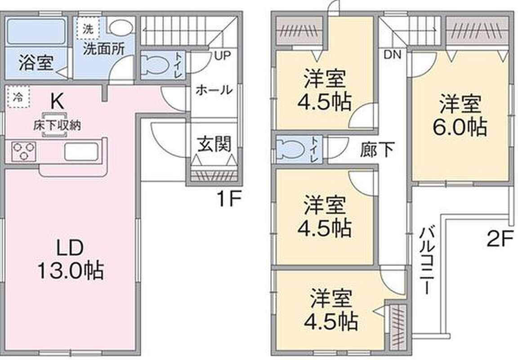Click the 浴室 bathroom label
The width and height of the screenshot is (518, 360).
click(36, 63)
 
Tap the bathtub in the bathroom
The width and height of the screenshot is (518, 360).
click(36, 31)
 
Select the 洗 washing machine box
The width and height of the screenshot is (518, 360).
click(87, 29)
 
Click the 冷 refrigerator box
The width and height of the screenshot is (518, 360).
click(18, 97)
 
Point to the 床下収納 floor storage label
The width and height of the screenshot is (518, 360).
click(57, 125)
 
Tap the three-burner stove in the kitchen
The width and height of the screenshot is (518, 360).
click(23, 151)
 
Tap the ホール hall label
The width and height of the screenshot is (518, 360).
click(214, 90)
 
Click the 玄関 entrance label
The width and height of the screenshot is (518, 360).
click(214, 144)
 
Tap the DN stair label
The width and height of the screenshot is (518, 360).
click(392, 54)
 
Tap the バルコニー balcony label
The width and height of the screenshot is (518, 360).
click(425, 260)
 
